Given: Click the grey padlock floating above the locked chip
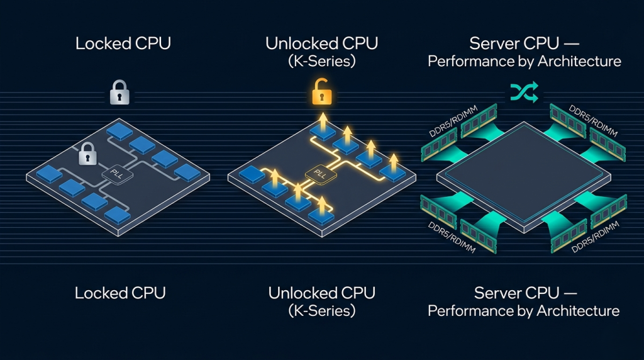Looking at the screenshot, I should pos(119,94).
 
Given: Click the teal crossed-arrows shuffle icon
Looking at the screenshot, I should pos(523,93).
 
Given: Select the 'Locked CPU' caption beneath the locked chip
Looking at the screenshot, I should pos(120,293).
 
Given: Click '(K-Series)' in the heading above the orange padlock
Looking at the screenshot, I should pos(321,62).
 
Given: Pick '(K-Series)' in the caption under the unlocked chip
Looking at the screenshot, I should pos(321,310).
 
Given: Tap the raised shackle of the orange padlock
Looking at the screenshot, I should pos(320,87).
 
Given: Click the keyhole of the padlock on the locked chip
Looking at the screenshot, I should pos(87,159).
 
